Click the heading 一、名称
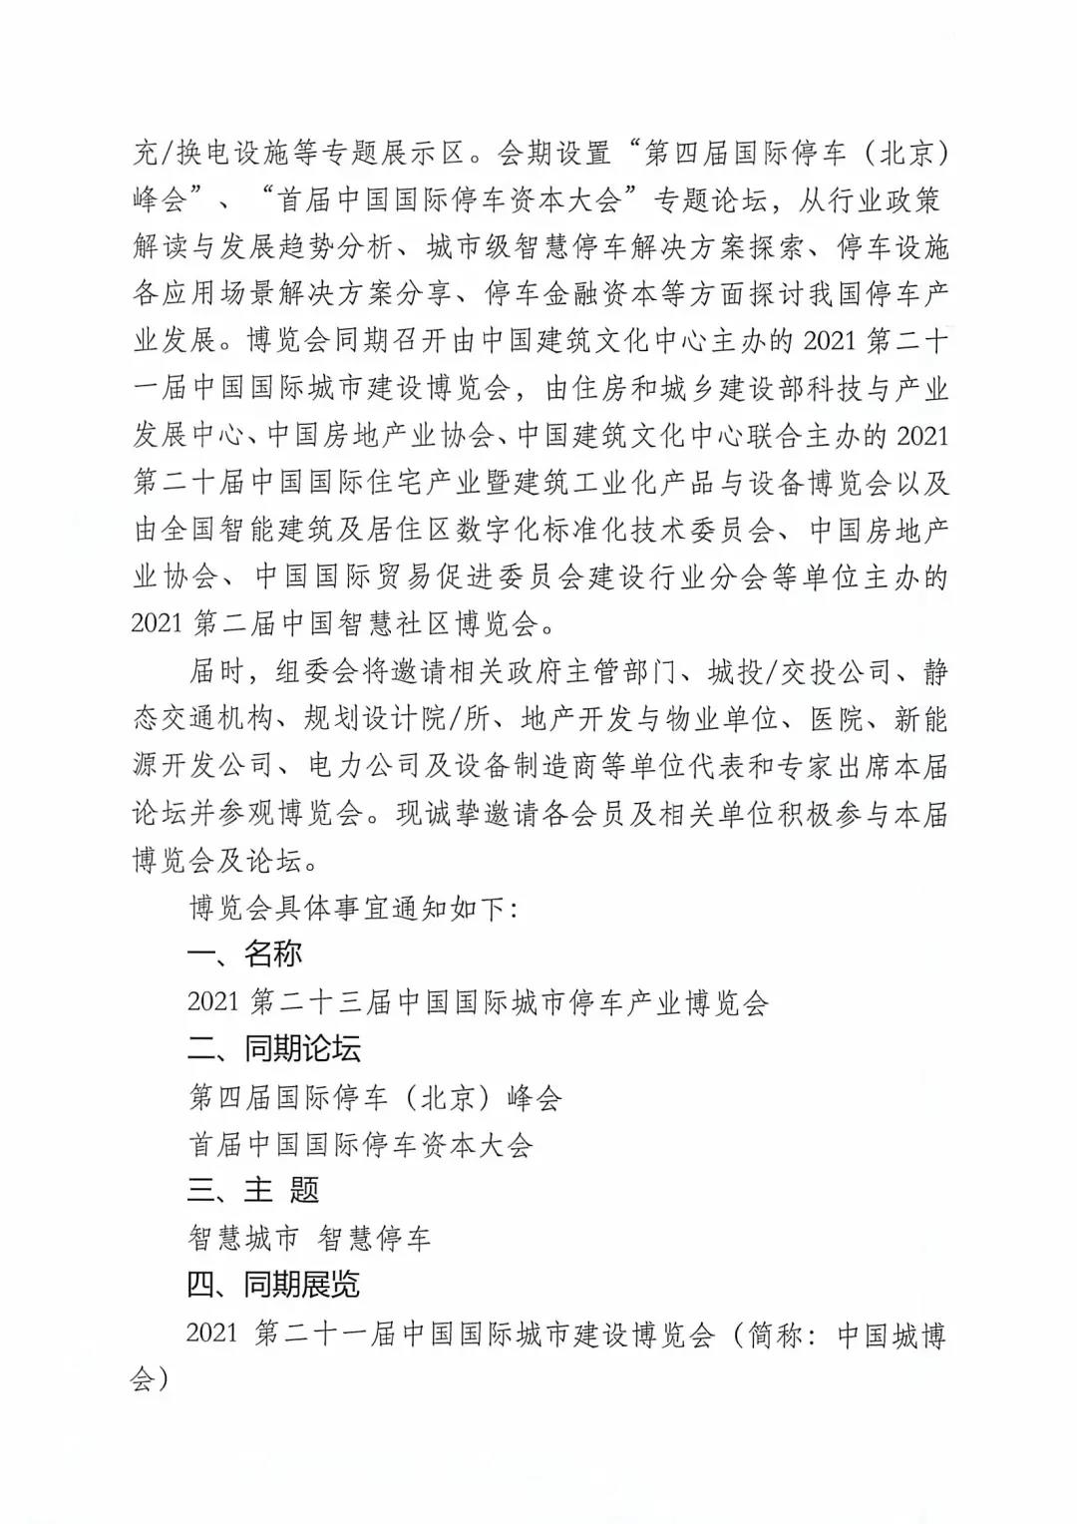(244, 953)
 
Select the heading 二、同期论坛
(273, 1048)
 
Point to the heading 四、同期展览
(273, 1285)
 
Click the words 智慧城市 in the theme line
(243, 1239)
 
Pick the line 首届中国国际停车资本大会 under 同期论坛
(361, 1144)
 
